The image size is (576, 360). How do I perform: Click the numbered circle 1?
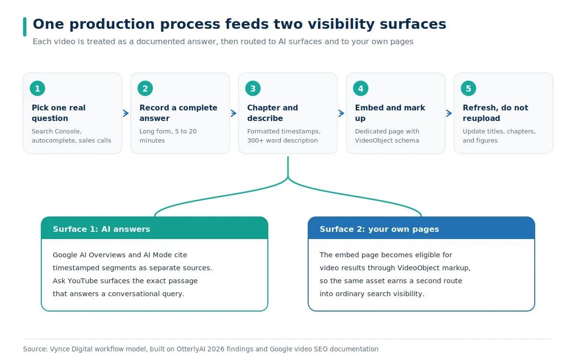(x=37, y=88)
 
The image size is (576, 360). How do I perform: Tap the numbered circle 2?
(x=145, y=88)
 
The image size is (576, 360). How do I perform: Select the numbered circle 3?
(x=253, y=88)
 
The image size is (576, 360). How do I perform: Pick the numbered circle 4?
(x=361, y=88)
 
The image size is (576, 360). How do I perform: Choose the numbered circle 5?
(x=468, y=88)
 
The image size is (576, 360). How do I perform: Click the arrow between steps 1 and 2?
(x=126, y=113)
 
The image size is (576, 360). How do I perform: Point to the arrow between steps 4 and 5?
(x=449, y=113)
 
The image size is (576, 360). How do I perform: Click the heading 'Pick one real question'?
(x=59, y=113)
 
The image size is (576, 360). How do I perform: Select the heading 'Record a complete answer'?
(x=179, y=113)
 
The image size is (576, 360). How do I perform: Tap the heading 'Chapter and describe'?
(x=273, y=113)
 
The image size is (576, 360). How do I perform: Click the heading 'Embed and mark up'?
(x=390, y=113)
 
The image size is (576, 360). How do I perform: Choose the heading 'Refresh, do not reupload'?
(x=495, y=113)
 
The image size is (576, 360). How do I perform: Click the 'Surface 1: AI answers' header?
(x=155, y=228)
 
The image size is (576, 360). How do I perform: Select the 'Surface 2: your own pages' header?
(x=421, y=228)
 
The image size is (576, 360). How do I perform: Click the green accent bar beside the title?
(x=24, y=27)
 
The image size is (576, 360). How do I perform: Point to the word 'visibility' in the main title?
(x=341, y=24)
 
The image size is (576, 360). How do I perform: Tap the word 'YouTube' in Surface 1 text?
(x=82, y=281)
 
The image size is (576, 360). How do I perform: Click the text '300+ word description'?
(x=282, y=140)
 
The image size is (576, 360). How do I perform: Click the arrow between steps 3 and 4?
(x=341, y=113)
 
